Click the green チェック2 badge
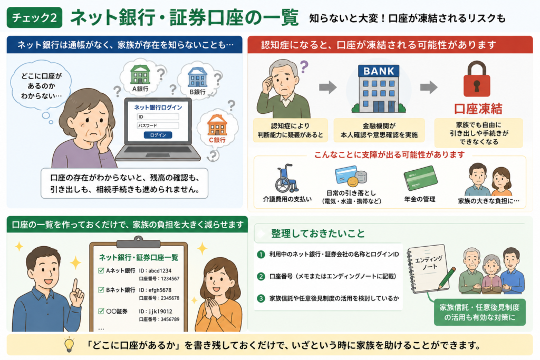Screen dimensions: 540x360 [x=34, y=17]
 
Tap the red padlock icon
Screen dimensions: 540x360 [x=477, y=79]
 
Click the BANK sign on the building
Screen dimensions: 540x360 [x=379, y=71]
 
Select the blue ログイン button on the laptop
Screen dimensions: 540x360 [x=158, y=135]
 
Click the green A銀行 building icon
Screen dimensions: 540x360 [x=140, y=74]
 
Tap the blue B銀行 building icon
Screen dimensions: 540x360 [x=197, y=77]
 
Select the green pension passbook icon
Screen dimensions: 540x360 [x=420, y=178]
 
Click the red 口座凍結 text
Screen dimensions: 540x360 [x=478, y=109]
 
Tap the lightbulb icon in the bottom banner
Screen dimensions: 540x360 [x=70, y=345]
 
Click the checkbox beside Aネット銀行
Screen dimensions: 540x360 [x=101, y=270]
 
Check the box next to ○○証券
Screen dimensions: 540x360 [x=101, y=311]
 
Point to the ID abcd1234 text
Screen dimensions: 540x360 [x=155, y=270]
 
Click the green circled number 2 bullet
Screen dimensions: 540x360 [x=261, y=276]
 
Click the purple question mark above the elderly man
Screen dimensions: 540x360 [x=304, y=66]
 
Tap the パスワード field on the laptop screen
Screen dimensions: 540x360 [x=158, y=125]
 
